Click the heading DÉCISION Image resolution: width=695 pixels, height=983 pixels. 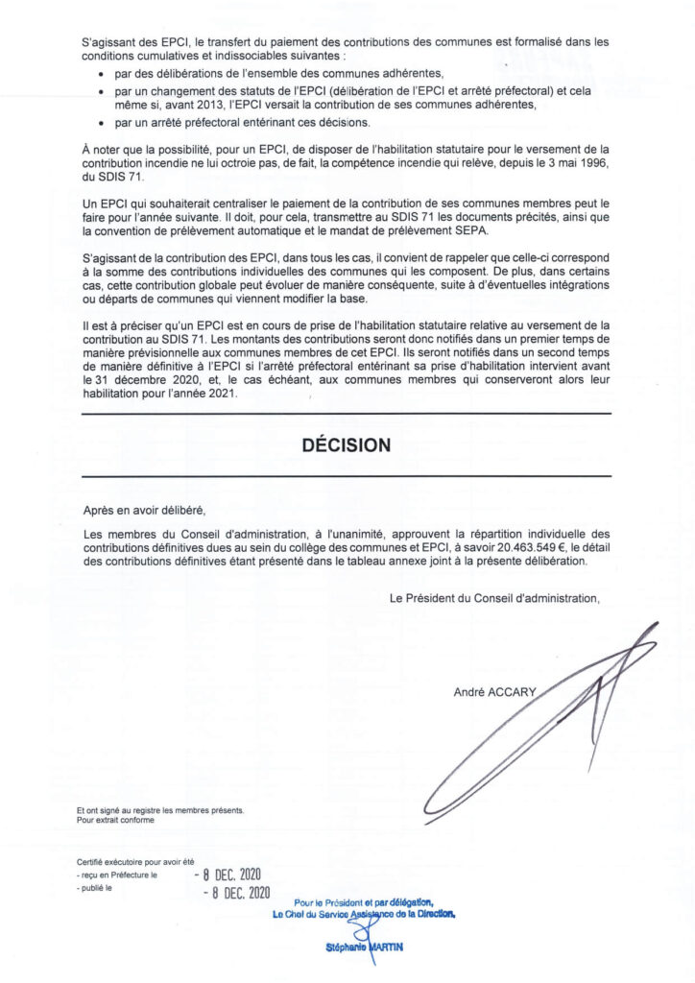click(346, 445)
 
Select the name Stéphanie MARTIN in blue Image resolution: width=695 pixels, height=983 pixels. click(364, 947)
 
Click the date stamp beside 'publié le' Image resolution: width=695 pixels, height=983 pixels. click(237, 893)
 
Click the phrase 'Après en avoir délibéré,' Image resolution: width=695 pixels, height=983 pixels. click(145, 511)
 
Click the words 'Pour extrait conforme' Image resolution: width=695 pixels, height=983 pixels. click(115, 821)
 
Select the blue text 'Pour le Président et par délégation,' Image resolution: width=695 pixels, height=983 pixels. click(365, 901)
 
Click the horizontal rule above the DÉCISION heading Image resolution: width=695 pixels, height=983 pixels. click(346, 414)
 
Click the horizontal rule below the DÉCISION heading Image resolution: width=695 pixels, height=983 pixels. click(346, 476)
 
